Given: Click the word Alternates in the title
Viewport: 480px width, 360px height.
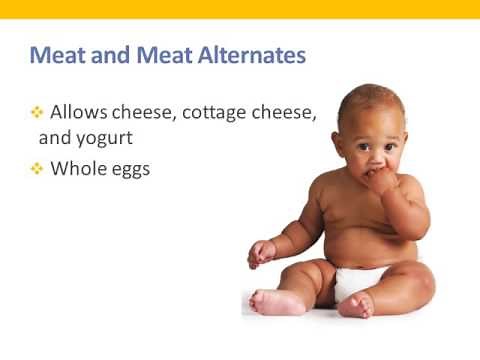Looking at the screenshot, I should tap(247, 55).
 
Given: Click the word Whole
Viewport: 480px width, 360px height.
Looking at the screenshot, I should tap(80, 169).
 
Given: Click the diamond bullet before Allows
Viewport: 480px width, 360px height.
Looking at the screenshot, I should tap(36, 113).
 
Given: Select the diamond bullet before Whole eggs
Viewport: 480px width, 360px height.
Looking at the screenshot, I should tap(36, 169).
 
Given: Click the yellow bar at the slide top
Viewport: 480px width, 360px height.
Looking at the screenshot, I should tap(240, 9).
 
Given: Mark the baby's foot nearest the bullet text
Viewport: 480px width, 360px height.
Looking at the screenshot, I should tap(267, 301).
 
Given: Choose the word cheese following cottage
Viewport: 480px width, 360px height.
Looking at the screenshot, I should tap(285, 113).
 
